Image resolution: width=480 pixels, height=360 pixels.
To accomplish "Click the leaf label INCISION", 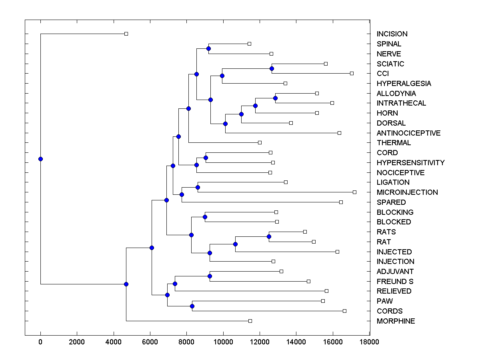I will pyautogui.click(x=392, y=34).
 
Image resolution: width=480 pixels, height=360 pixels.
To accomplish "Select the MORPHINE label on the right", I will pyautogui.click(x=396, y=321).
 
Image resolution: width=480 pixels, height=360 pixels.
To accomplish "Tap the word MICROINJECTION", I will pyautogui.click(x=407, y=192).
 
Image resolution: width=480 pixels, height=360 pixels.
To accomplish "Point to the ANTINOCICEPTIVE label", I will pyautogui.click(x=408, y=133).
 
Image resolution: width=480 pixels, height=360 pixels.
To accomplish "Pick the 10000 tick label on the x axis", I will pyautogui.click(x=223, y=342).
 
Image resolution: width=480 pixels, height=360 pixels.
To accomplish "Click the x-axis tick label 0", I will pyautogui.click(x=40, y=342).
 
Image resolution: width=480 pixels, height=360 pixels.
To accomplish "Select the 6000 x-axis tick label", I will pyautogui.click(x=150, y=342).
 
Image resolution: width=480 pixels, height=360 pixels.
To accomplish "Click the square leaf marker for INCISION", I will pyautogui.click(x=126, y=34).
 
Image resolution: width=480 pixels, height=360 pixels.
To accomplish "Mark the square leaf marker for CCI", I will pyautogui.click(x=352, y=73).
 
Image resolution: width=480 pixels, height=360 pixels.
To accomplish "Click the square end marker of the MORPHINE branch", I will pyautogui.click(x=250, y=321).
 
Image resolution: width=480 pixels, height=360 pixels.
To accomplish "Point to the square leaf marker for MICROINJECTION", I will pyautogui.click(x=354, y=192).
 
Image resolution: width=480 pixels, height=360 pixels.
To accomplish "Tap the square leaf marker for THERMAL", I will pyautogui.click(x=260, y=142).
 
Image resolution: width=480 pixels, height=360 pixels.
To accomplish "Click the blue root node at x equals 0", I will pyautogui.click(x=40, y=159).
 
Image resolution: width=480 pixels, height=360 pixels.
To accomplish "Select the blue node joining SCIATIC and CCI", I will pyautogui.click(x=272, y=68).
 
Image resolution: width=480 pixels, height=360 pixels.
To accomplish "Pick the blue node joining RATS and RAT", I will pyautogui.click(x=269, y=236).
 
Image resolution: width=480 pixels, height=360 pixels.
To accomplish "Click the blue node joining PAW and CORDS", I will pyautogui.click(x=192, y=306).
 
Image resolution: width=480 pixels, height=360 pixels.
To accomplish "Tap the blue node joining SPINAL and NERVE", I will pyautogui.click(x=208, y=48).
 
